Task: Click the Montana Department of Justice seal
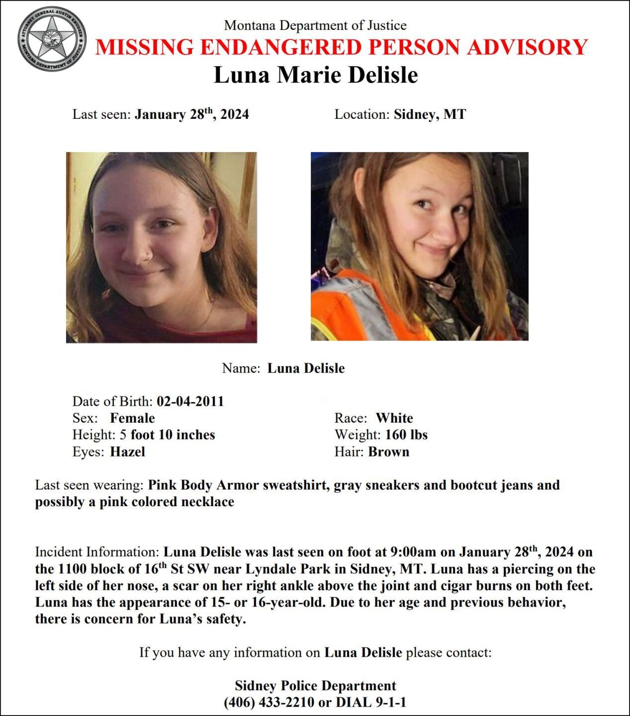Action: point(52,38)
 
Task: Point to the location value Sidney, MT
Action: point(430,114)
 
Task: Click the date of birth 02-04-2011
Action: point(190,401)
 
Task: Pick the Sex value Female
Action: point(132,418)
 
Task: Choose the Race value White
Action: point(394,418)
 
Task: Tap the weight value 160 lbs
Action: point(406,435)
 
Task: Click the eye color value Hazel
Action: point(127,452)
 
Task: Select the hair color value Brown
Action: point(388,452)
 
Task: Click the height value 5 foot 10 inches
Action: point(167,435)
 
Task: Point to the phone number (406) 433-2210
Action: point(269,702)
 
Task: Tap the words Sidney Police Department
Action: point(315,686)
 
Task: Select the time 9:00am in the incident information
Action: point(414,552)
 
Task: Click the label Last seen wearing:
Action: point(89,485)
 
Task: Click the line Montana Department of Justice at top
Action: point(315,25)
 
